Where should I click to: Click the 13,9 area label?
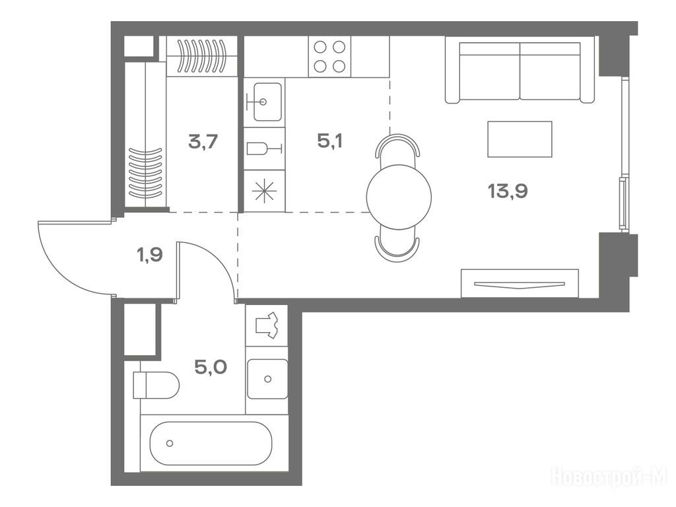tap(508, 191)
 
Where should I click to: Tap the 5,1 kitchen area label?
tap(330, 141)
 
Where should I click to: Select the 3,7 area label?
tap(203, 141)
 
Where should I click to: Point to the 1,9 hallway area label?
tap(150, 255)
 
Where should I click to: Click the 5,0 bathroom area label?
tap(211, 367)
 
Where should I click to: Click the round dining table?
tap(399, 197)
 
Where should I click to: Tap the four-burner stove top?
tap(329, 57)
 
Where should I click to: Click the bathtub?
tap(211, 443)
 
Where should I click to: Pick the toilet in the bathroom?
tap(156, 385)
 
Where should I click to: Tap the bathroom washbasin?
tap(267, 379)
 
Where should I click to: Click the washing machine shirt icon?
tap(267, 325)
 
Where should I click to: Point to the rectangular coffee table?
tap(520, 139)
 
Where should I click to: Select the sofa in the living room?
tap(520, 71)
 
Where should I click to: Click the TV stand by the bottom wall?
tap(520, 283)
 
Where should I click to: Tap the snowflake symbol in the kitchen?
tap(264, 191)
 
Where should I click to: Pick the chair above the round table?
tap(397, 146)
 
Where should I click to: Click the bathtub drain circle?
tap(170, 443)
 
